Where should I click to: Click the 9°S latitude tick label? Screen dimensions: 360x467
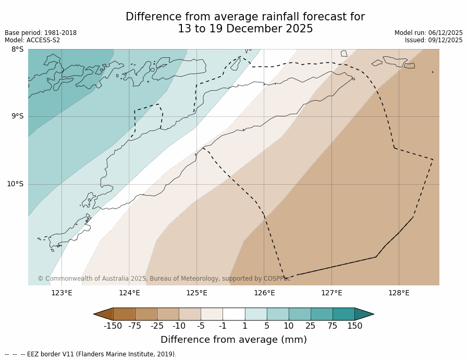pos(17,116)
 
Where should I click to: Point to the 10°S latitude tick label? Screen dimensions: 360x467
pos(15,184)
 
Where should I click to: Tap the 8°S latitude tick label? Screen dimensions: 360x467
pos(17,49)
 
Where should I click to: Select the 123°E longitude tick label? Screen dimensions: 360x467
pos(62,293)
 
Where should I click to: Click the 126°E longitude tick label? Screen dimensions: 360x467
pos(264,293)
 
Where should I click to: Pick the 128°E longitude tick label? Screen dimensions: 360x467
pos(399,293)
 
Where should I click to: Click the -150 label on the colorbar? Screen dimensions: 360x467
pos(113,326)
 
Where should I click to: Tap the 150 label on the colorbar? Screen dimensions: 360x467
pos(354,326)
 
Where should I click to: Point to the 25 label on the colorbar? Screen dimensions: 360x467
pos(311,326)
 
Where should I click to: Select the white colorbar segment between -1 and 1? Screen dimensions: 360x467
pos(233,314)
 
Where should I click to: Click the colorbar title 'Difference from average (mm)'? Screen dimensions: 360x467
pos(233,340)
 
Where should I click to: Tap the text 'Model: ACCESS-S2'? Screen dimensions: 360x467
pos(32,40)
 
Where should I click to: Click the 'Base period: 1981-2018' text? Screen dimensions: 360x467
pos(41,33)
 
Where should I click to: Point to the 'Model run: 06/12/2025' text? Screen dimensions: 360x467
pos(428,33)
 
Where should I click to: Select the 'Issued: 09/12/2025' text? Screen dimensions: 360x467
pos(434,40)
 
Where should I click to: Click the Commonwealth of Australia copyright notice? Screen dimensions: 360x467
pos(164,279)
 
